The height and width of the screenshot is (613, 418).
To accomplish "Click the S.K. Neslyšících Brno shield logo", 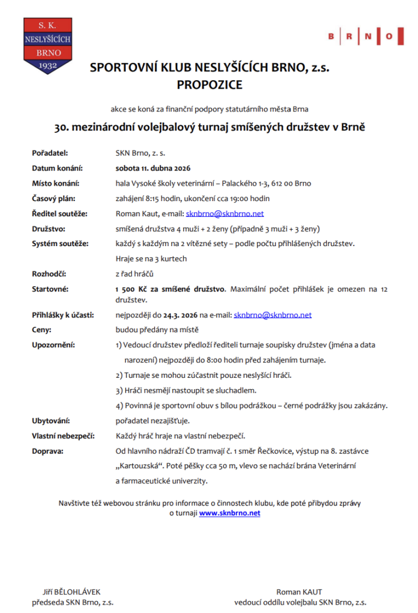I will coord(47,45).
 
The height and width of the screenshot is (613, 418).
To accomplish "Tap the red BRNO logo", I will coord(361,37).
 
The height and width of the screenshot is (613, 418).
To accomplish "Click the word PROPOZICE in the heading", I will coord(210,85).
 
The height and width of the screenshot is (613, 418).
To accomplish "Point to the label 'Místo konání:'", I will coord(55,183).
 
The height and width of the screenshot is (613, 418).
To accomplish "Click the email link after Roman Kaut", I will coord(225,214).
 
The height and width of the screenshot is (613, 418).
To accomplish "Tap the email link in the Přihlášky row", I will coord(272,314).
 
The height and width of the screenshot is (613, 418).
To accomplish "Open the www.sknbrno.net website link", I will coord(229,513).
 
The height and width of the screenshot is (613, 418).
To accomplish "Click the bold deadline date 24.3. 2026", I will coord(180,314).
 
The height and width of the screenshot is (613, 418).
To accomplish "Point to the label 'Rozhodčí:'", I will coord(50,274).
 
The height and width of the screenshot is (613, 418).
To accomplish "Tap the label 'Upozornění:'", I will coord(53,345).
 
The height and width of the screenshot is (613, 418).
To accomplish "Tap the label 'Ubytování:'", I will coord(51,420).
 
